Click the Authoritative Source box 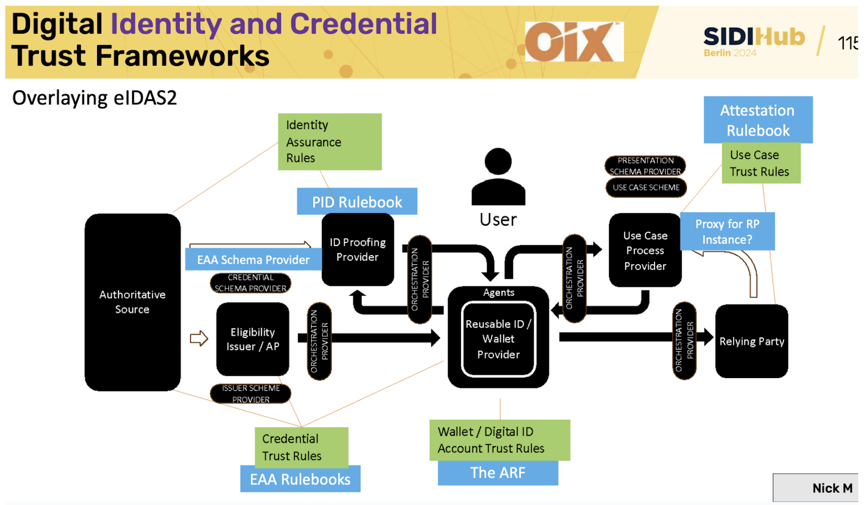pyautogui.click(x=132, y=302)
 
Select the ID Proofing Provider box pyautogui.click(x=358, y=250)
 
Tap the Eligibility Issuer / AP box pyautogui.click(x=253, y=339)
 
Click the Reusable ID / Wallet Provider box pyautogui.click(x=498, y=339)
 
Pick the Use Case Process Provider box pyautogui.click(x=645, y=251)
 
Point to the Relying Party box pyautogui.click(x=752, y=341)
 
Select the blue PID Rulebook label pyautogui.click(x=357, y=202)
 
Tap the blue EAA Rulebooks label pyautogui.click(x=300, y=479)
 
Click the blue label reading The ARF pyautogui.click(x=497, y=473)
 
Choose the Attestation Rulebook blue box pyautogui.click(x=758, y=120)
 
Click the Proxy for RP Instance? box pyautogui.click(x=727, y=232)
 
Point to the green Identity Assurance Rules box pyautogui.click(x=329, y=142)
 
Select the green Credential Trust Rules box pyautogui.click(x=301, y=447)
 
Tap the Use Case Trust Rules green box pyautogui.click(x=760, y=163)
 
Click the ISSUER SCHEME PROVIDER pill pyautogui.click(x=250, y=394)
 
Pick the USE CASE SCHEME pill pyautogui.click(x=646, y=188)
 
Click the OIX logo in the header pyautogui.click(x=574, y=42)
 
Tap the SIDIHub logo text pyautogui.click(x=754, y=37)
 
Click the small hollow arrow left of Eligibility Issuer pyautogui.click(x=199, y=338)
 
